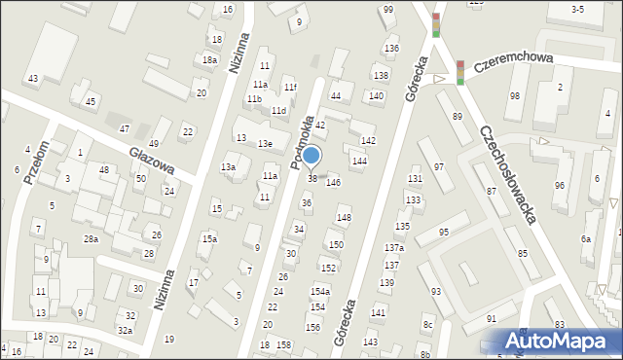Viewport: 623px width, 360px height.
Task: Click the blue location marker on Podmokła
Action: (x=311, y=156)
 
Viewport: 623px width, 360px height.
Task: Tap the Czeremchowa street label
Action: (x=514, y=63)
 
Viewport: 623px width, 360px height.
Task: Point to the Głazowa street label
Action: (x=152, y=160)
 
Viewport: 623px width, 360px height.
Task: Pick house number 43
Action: (x=33, y=78)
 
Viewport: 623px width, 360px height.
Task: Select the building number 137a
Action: (x=393, y=248)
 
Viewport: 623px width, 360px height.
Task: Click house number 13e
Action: (x=264, y=144)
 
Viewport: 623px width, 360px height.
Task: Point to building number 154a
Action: (x=320, y=292)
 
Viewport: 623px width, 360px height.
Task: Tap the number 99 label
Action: (x=388, y=10)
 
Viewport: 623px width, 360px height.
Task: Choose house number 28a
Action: (x=91, y=239)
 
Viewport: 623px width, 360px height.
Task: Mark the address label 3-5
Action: (x=577, y=10)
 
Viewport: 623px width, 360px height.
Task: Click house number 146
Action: (x=334, y=182)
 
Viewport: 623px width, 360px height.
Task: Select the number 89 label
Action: (x=458, y=117)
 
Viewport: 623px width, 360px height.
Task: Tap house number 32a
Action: (x=126, y=331)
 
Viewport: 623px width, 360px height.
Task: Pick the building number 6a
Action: (x=586, y=239)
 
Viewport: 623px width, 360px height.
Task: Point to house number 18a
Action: (x=208, y=59)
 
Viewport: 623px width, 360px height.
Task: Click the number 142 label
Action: (x=368, y=142)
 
